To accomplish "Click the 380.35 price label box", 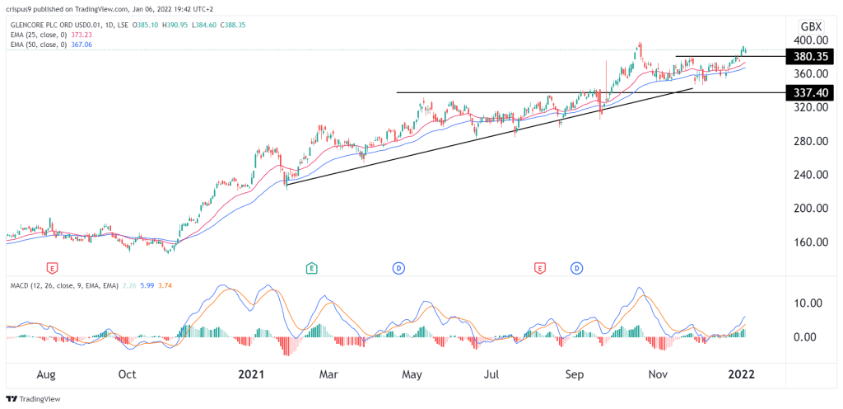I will [810, 57].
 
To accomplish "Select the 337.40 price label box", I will [810, 92].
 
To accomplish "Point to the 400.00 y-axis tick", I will [810, 40].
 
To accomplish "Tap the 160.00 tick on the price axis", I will [810, 242].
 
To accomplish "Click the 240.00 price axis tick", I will [810, 175].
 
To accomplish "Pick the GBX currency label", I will [810, 25].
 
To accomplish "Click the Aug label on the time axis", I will [46, 374].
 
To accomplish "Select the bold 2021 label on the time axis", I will [250, 374].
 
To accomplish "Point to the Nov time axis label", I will [657, 374].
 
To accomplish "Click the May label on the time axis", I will [412, 374].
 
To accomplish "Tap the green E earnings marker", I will [312, 268].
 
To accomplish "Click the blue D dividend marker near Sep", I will [576, 268].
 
